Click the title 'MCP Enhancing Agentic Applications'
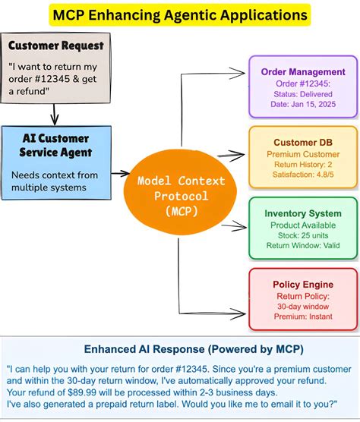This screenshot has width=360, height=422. point(180,14)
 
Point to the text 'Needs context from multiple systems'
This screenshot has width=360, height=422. point(55,181)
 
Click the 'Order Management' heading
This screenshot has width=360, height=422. point(303,72)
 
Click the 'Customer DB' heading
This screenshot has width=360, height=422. point(303,142)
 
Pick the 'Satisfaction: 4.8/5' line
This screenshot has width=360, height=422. point(303,173)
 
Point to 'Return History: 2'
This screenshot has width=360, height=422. point(303,163)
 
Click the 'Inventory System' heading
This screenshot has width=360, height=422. point(303,213)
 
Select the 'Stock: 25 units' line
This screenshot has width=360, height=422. point(303,235)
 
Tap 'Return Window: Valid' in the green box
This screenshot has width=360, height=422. point(303,245)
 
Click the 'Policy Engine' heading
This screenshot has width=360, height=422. point(303,284)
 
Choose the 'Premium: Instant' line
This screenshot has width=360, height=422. point(303,316)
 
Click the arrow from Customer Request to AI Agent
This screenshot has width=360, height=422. point(53,114)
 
